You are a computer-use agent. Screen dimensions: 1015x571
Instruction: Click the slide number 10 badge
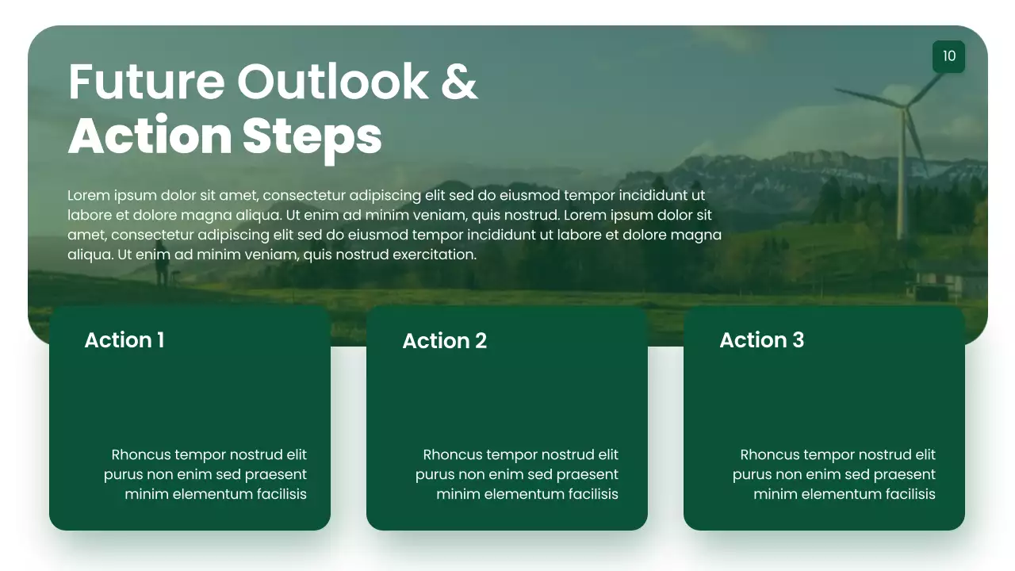point(948,56)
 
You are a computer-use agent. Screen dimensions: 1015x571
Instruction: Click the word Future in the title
point(147,82)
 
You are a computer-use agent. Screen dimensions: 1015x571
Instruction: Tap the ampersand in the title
point(459,82)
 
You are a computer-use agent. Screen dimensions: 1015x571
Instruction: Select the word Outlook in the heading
point(332,81)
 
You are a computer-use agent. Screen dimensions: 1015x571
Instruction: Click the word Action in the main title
point(150,136)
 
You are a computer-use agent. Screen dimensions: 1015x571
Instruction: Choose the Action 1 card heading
point(124,340)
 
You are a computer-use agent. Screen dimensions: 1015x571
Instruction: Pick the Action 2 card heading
point(445,341)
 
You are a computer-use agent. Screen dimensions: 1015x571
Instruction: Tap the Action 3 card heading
point(762,340)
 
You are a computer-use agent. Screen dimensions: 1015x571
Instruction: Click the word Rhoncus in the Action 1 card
point(141,454)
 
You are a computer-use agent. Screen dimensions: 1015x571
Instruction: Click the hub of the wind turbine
point(904,106)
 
